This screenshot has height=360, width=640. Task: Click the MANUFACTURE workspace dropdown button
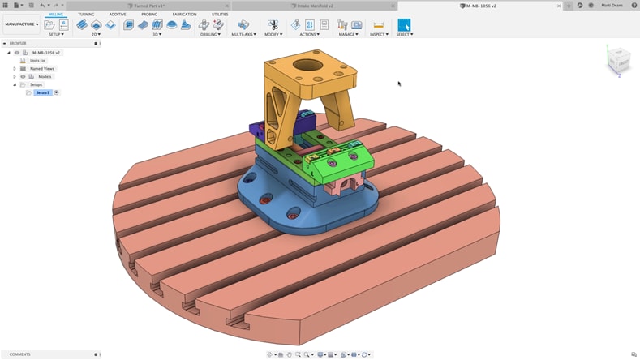pyautogui.click(x=22, y=24)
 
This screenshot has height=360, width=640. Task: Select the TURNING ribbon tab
pyautogui.click(x=86, y=15)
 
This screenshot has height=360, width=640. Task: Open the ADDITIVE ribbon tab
pyautogui.click(x=118, y=15)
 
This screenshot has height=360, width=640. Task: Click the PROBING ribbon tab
pyautogui.click(x=149, y=15)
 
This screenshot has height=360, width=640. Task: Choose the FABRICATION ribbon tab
pyautogui.click(x=184, y=15)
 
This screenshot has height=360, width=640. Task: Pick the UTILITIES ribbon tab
pyautogui.click(x=220, y=15)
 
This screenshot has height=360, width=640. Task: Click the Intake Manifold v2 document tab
pyautogui.click(x=315, y=6)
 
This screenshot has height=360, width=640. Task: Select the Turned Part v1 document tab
pyautogui.click(x=149, y=6)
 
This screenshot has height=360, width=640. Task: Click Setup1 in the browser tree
pyautogui.click(x=42, y=92)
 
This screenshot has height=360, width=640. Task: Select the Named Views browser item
pyautogui.click(x=42, y=69)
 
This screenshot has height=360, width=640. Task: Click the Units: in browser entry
pyautogui.click(x=37, y=61)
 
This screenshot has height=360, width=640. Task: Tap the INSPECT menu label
pyautogui.click(x=378, y=35)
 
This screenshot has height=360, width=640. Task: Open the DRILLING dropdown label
pyautogui.click(x=210, y=35)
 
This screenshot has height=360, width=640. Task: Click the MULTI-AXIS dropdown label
pyautogui.click(x=243, y=35)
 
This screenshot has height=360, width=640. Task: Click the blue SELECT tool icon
pyautogui.click(x=404, y=25)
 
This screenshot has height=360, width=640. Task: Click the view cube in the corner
pyautogui.click(x=618, y=59)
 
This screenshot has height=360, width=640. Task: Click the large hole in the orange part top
pyautogui.click(x=308, y=65)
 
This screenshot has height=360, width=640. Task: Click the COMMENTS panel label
pyautogui.click(x=20, y=354)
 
